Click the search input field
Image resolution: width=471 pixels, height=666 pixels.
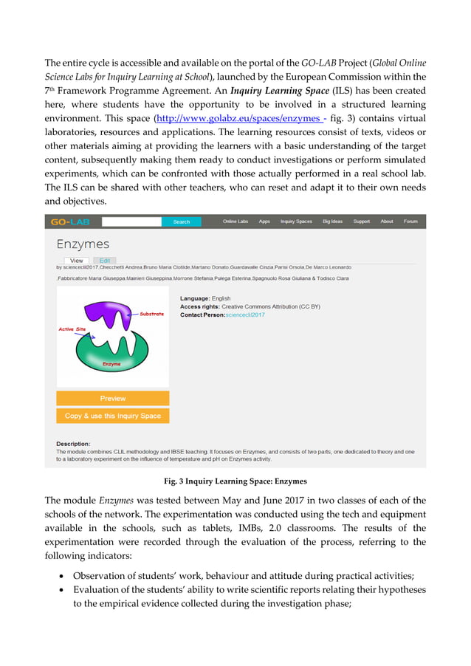[131, 222]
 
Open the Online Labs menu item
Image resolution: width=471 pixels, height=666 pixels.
[235, 222]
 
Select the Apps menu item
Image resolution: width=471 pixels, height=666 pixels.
[264, 222]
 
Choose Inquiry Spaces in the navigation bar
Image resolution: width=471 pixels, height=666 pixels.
[296, 222]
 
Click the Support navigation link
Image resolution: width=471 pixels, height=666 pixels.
[362, 222]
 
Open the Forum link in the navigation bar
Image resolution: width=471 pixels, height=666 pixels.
[410, 222]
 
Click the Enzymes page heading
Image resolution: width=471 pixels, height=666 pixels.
[83, 244]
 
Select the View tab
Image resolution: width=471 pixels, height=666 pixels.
[76, 261]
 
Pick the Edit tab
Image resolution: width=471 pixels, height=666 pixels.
[105, 261]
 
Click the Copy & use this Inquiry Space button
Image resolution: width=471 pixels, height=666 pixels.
[113, 416]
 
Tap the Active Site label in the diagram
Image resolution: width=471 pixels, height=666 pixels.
[72, 329]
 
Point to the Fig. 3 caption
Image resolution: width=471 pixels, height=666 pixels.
[235, 481]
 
